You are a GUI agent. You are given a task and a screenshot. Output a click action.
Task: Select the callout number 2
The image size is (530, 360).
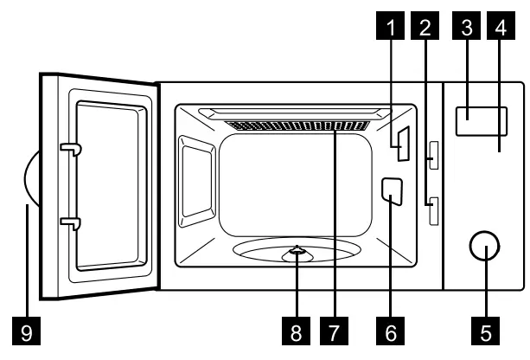(424, 28)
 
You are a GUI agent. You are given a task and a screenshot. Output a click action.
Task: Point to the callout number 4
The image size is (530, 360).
(499, 28)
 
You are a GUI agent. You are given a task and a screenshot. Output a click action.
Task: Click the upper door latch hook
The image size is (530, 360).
(70, 151)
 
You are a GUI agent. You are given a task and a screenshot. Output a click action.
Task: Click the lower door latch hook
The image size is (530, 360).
(70, 224)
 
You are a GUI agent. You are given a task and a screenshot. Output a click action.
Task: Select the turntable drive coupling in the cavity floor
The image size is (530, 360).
(297, 253)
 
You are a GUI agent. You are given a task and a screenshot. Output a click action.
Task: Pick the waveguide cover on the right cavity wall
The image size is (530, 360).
(391, 191)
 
